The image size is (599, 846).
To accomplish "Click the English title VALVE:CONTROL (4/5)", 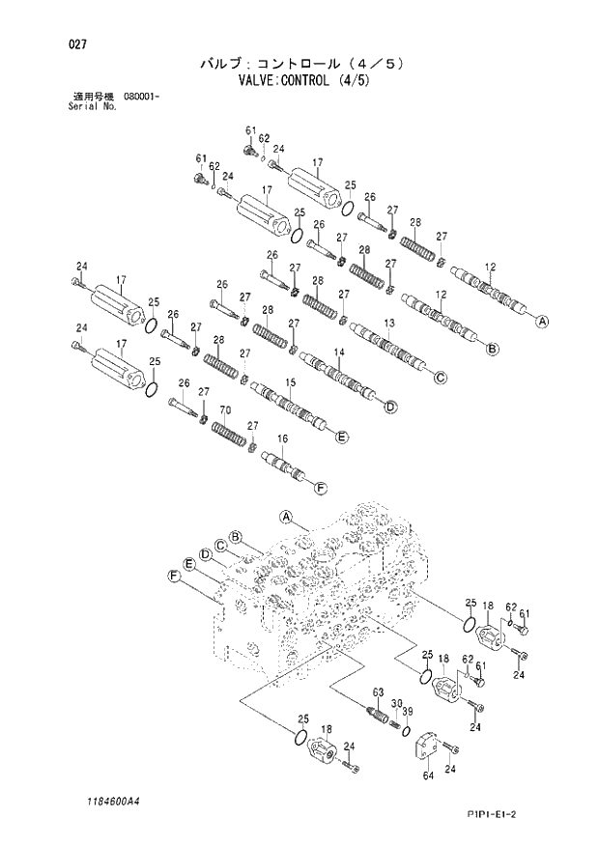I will point(299,81).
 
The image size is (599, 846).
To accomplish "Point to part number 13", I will point(389,323).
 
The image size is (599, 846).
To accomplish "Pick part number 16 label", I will point(282,439).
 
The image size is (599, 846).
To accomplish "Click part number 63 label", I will point(379,691).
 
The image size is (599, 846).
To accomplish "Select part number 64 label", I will point(426,774).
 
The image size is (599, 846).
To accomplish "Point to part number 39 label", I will point(408,712).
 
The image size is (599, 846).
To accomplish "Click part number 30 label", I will point(396,703).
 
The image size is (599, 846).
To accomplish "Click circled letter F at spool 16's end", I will point(321,486).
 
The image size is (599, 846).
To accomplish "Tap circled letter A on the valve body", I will point(286,517).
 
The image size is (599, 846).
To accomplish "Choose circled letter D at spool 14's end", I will point(390,408).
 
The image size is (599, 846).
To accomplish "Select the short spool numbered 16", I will point(286,465).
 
